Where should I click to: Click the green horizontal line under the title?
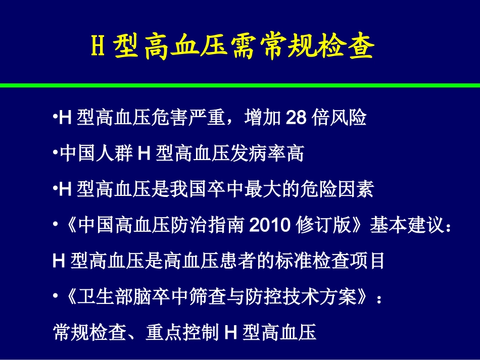point(240,85)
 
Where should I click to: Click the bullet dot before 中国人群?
point(56,153)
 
